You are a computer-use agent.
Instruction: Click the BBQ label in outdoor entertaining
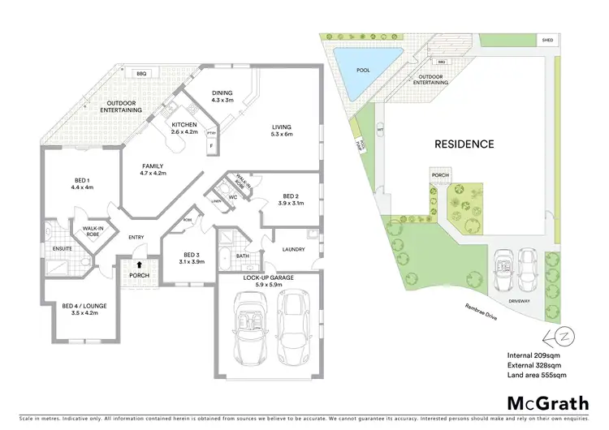pos(141,72)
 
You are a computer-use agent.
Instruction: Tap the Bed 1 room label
pos(82,183)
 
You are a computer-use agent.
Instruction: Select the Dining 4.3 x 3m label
pos(222,97)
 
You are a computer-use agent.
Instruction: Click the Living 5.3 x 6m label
pos(282,130)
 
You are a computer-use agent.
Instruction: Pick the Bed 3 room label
pos(192,257)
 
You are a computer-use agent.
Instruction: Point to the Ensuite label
pos(62,248)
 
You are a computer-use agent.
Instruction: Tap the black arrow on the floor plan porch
pos(140,264)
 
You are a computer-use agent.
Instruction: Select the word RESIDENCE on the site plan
pos(464,144)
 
